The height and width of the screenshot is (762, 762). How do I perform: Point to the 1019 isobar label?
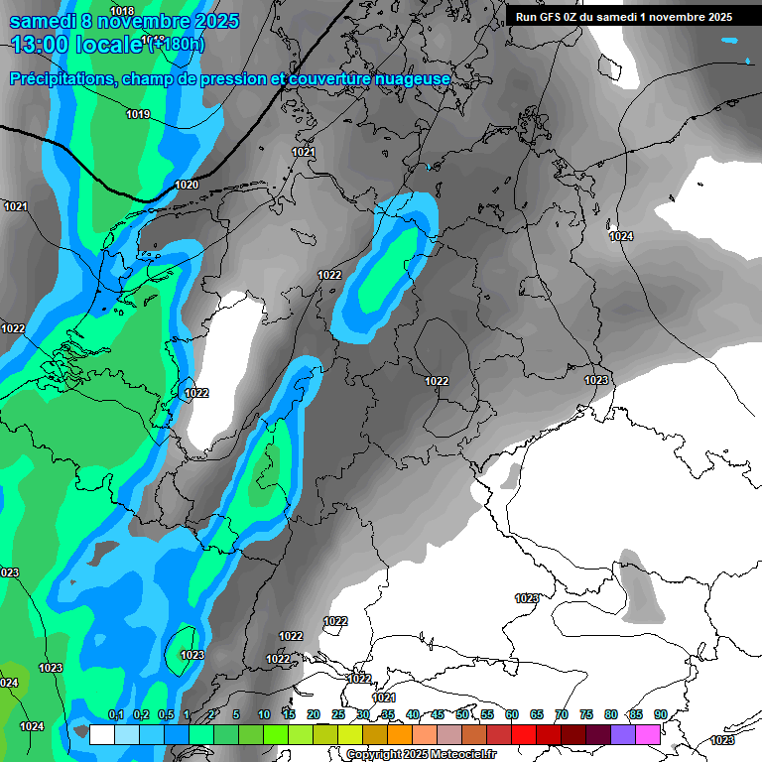(x=138, y=115)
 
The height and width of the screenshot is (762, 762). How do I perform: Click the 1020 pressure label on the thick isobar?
(x=187, y=185)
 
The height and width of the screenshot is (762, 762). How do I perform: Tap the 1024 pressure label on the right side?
(x=621, y=236)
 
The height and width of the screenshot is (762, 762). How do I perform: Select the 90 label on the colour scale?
(x=660, y=714)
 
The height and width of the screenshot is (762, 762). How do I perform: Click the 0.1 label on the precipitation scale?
(x=115, y=714)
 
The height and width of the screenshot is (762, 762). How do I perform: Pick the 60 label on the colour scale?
(x=512, y=714)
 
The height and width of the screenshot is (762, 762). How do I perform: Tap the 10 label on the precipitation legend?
(x=263, y=714)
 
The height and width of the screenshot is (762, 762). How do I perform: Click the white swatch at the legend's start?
(x=101, y=734)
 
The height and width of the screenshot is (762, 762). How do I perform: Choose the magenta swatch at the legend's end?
(x=648, y=734)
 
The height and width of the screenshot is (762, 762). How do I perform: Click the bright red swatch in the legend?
(x=524, y=734)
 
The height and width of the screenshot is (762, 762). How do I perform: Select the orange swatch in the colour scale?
(x=400, y=734)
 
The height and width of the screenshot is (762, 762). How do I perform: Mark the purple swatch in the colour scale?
(x=623, y=734)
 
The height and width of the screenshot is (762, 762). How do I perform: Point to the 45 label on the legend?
(x=438, y=714)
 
